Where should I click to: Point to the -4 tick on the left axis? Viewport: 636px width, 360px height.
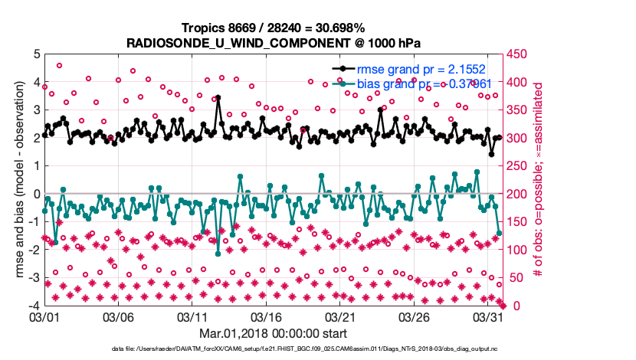(x=33, y=306)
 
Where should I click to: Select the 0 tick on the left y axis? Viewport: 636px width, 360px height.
(x=35, y=194)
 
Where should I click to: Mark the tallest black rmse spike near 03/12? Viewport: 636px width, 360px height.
(x=218, y=98)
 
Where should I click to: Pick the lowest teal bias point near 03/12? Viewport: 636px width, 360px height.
(x=218, y=254)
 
